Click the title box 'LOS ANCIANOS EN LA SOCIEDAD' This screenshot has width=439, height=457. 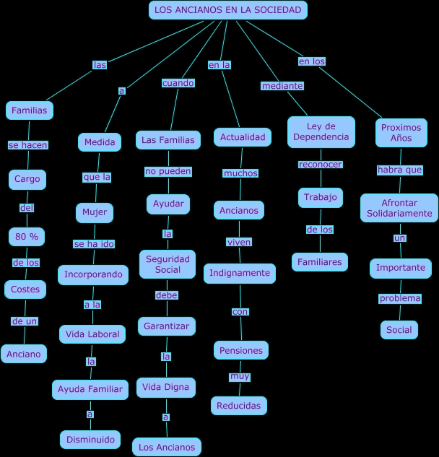click(x=228, y=10)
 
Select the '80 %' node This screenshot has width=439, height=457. click(x=27, y=237)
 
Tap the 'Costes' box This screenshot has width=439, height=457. click(x=26, y=290)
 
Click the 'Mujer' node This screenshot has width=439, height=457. click(x=95, y=213)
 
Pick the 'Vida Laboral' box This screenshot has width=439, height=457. click(x=92, y=334)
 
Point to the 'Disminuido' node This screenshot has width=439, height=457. click(x=90, y=440)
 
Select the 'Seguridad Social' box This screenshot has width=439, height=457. click(x=168, y=264)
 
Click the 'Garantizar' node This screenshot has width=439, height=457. click(x=166, y=326)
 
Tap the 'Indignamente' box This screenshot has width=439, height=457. click(x=240, y=273)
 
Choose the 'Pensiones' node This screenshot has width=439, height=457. click(x=241, y=350)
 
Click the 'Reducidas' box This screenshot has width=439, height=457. click(x=239, y=406)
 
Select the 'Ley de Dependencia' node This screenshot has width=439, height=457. click(x=321, y=131)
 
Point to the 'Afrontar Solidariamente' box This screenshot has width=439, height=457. click(x=399, y=208)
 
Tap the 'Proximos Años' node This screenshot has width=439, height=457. click(x=401, y=133)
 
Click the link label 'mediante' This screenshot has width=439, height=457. click(x=282, y=86)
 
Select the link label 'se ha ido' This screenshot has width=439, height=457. click(x=94, y=244)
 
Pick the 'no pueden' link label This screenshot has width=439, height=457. click(x=168, y=171)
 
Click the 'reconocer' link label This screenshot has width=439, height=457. click(x=320, y=165)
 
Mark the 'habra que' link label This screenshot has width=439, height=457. click(x=400, y=170)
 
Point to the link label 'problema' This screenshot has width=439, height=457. click(x=400, y=298)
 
